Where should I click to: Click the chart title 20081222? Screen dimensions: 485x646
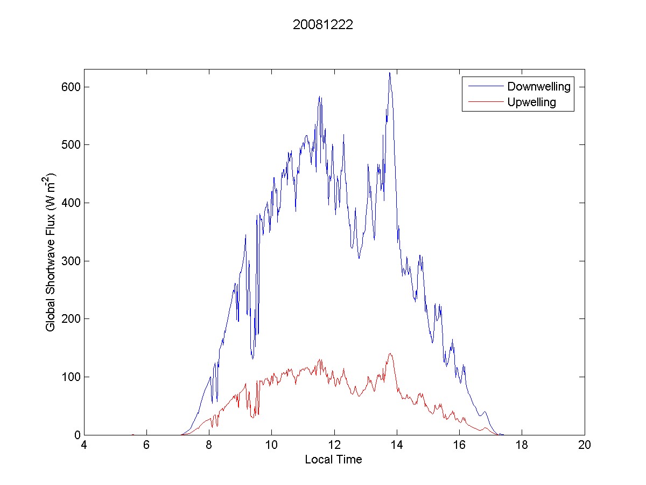(322, 25)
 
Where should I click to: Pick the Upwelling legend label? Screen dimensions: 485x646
(531, 102)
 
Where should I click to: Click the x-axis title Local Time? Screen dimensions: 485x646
(333, 460)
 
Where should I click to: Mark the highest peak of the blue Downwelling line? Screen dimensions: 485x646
(390, 73)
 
